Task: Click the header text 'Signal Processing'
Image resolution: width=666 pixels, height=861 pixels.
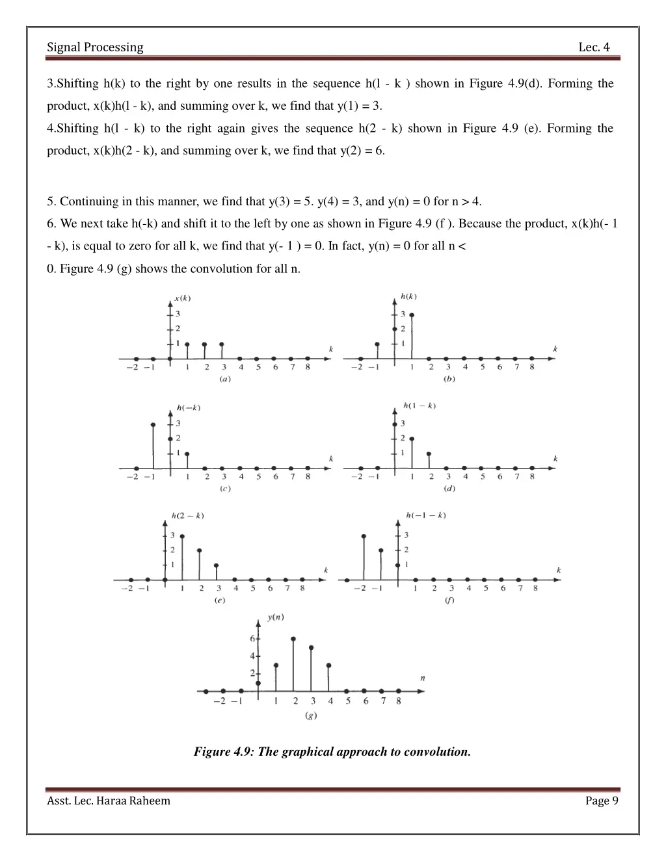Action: click(95, 47)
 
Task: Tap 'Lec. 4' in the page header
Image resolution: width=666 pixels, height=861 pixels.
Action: click(594, 47)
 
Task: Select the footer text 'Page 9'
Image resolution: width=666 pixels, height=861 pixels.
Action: click(602, 801)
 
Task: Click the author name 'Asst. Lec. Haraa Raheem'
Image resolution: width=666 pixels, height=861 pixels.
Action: click(109, 801)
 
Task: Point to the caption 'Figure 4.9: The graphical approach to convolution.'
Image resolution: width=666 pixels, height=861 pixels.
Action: click(332, 752)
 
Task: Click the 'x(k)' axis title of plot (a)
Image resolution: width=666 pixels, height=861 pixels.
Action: click(183, 299)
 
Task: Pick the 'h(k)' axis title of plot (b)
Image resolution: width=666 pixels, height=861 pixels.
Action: click(408, 296)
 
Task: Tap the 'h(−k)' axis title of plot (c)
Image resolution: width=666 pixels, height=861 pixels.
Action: click(188, 408)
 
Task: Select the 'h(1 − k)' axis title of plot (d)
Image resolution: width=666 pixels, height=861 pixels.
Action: click(420, 405)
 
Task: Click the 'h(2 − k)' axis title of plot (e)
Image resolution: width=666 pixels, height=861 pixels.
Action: click(187, 516)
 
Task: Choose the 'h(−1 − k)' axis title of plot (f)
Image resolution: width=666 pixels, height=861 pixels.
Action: click(426, 515)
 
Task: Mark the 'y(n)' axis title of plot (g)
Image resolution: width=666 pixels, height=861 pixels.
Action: click(275, 617)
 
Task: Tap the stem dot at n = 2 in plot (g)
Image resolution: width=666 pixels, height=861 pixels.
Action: click(294, 639)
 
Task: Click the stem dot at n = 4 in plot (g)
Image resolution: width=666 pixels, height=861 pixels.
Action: click(328, 665)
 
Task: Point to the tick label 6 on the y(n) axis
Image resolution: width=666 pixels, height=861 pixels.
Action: click(252, 639)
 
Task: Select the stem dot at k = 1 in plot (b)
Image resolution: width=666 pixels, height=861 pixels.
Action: click(411, 315)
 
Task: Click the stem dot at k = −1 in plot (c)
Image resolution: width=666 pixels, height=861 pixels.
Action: click(153, 425)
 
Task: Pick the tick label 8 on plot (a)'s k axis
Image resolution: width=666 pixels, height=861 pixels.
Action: click(308, 367)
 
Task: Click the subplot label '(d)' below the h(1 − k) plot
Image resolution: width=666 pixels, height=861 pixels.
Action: click(449, 489)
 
